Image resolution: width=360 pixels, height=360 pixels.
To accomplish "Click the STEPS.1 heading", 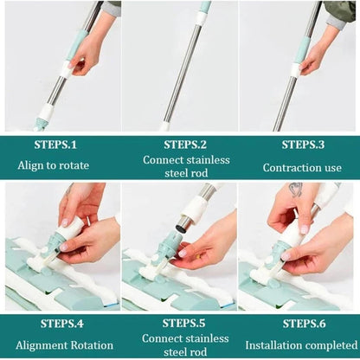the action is pos(55,145).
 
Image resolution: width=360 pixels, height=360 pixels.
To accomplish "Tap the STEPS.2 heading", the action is pos(185,145).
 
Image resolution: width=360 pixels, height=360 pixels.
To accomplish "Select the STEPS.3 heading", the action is pos(303,145).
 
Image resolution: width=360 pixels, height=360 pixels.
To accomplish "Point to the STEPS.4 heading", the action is pos(62,324).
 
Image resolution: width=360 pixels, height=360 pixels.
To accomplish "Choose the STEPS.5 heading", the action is pos(183,323).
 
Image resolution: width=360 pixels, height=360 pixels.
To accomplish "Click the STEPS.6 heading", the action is pos(305,324).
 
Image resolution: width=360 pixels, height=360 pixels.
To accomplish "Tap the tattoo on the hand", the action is pos(296,190).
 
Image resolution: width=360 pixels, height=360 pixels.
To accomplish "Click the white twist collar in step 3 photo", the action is pos(296,70).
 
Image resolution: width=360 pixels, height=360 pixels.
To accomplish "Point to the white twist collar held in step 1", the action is pos(68,69).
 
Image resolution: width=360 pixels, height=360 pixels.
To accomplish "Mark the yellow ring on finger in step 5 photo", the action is pos(198,256).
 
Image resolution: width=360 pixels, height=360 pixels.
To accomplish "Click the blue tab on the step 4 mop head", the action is pos(111,305).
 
